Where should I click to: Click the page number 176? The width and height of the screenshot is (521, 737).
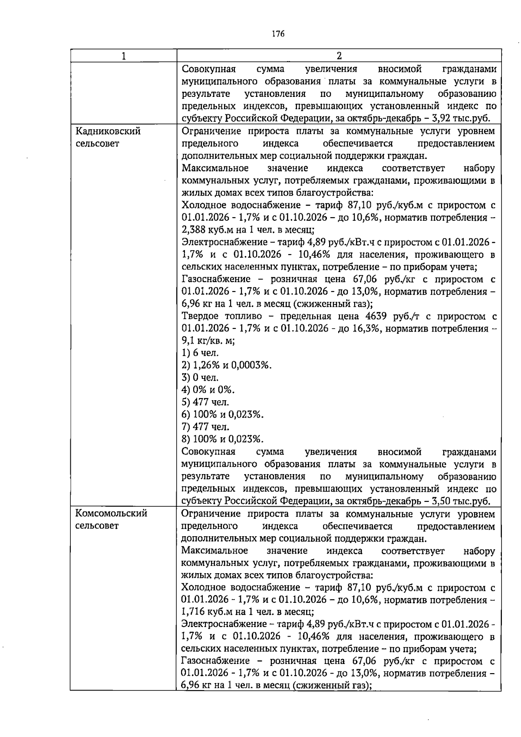click(278, 34)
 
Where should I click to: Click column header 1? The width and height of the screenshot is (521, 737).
click(124, 56)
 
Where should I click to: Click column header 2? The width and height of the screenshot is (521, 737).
click(339, 56)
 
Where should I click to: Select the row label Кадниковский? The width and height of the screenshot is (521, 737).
click(108, 131)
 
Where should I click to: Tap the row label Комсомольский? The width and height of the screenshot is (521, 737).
click(111, 514)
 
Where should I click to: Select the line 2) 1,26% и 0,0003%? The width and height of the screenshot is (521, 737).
click(226, 365)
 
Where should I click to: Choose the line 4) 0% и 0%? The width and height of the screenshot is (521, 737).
click(208, 390)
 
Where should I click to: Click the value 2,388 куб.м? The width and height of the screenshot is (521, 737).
click(201, 229)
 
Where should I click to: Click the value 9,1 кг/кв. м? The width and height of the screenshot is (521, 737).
click(208, 341)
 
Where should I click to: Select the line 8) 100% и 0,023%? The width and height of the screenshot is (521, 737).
click(222, 439)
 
